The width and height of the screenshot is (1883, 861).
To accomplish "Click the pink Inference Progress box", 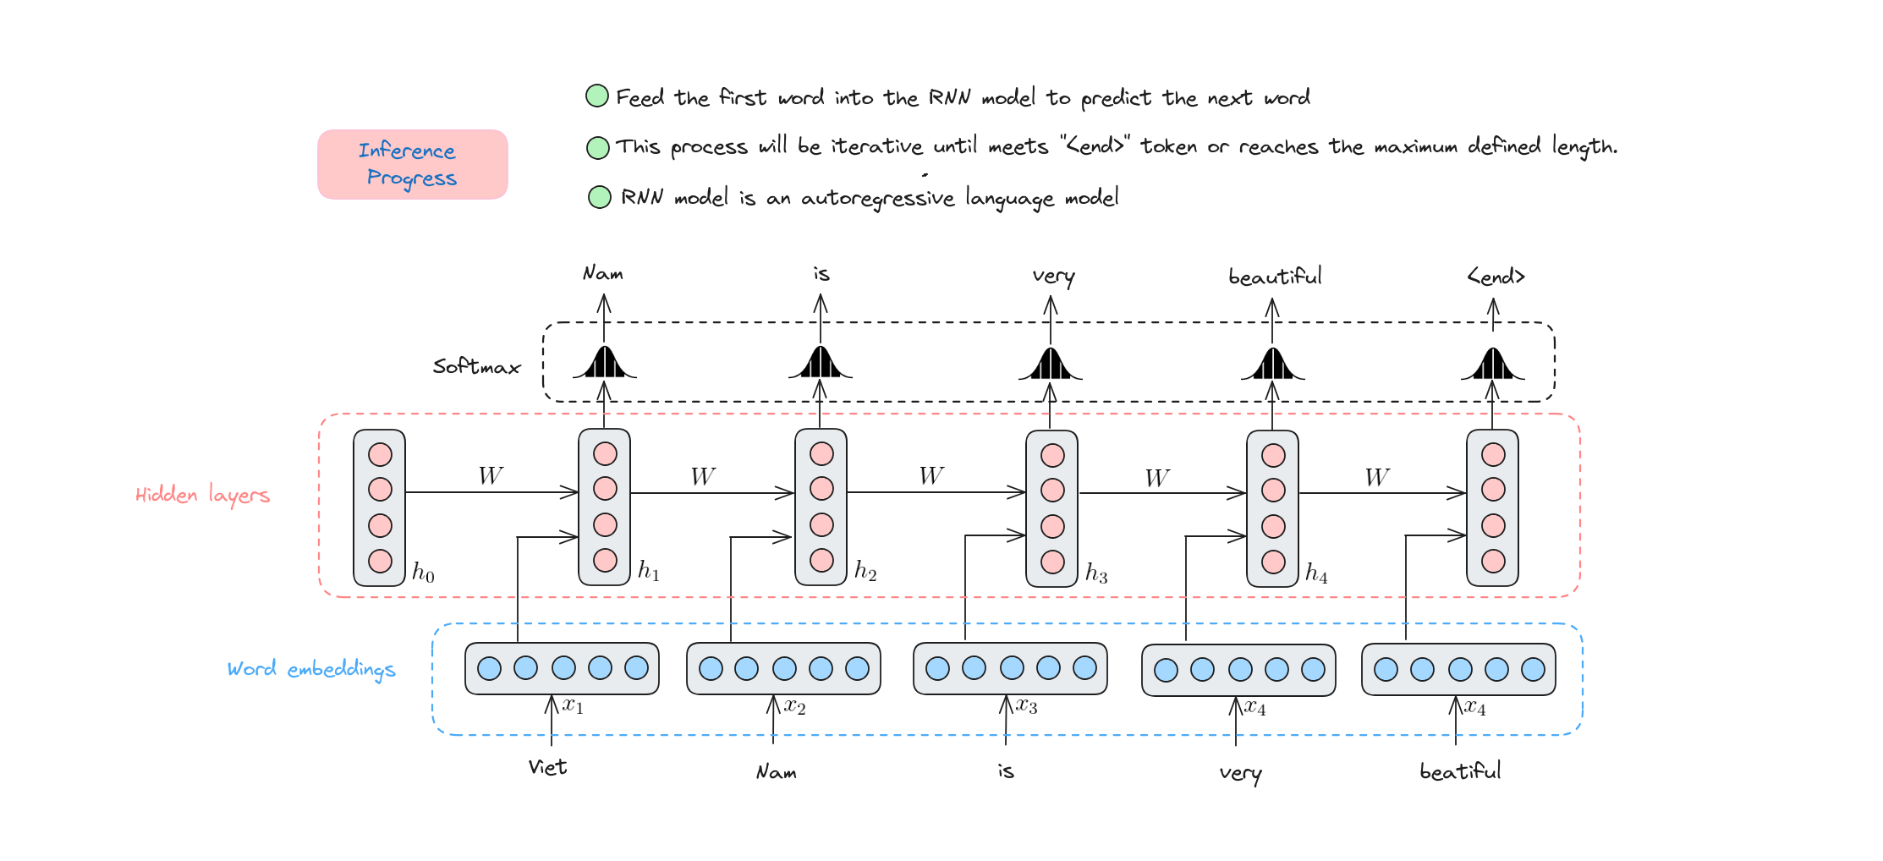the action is click(x=413, y=164).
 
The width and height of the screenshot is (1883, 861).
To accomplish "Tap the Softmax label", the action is click(x=476, y=366).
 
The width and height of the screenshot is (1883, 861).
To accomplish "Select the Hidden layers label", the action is click(x=203, y=495).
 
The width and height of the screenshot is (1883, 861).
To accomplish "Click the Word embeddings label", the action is click(x=311, y=669).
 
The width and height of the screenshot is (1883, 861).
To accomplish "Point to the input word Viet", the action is click(x=547, y=767).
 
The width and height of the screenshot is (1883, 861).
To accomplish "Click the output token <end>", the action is click(x=1496, y=277).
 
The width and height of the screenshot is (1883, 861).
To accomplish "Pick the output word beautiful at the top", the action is click(x=1275, y=277).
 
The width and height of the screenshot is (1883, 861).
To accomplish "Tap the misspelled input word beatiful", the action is click(x=1460, y=771).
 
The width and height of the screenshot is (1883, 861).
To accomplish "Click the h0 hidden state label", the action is click(x=423, y=573).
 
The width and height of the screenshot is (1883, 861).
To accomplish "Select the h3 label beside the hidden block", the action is click(x=1096, y=573).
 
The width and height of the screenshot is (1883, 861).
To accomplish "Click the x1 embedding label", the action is click(x=574, y=705).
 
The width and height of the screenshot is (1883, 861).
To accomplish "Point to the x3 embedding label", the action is click(x=1027, y=705).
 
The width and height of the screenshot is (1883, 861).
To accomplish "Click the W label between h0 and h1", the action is click(x=491, y=475).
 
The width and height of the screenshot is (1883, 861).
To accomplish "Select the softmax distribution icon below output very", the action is click(x=1050, y=364).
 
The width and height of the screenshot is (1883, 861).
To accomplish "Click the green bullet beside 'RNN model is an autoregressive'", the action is click(x=599, y=197).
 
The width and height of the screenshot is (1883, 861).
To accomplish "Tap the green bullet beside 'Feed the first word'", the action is click(x=597, y=96).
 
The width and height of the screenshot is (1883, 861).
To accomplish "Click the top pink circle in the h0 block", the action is click(x=380, y=455).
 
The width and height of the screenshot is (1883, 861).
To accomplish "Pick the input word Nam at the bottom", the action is click(x=776, y=771).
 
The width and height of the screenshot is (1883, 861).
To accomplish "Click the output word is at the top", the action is click(x=821, y=273).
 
